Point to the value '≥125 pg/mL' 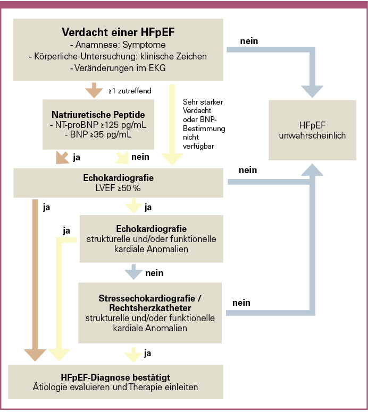click(123, 125)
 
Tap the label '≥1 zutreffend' click(130, 91)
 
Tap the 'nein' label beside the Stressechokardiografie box click(241, 303)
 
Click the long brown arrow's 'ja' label click(46, 206)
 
